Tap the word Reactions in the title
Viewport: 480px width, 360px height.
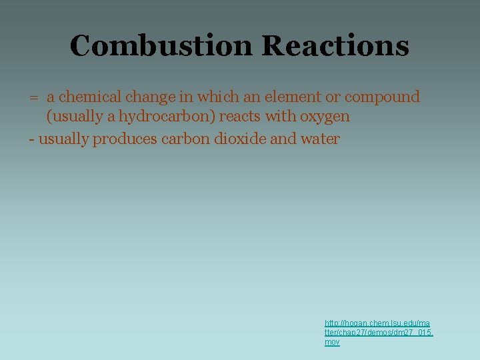coord(335,46)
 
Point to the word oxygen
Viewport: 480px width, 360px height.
coord(325,117)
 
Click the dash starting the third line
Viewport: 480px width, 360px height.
coord(31,139)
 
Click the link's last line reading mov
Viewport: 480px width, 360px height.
coord(332,342)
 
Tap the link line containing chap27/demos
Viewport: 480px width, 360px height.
coord(379,332)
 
